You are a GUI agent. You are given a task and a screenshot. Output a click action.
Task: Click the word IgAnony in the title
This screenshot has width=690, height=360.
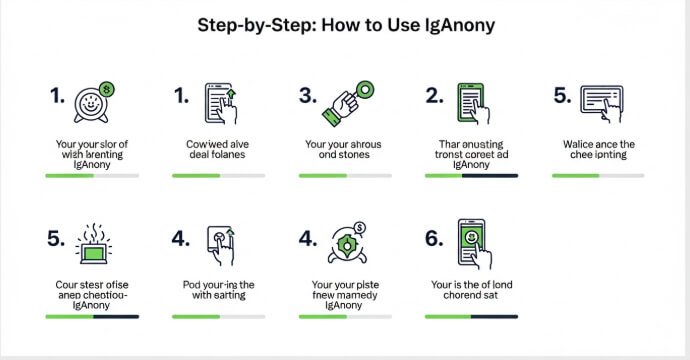click(464, 26)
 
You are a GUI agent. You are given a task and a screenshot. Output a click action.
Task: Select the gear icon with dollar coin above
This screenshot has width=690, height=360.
click(346, 243)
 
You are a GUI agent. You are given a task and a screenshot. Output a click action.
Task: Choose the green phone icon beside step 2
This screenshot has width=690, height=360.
click(472, 101)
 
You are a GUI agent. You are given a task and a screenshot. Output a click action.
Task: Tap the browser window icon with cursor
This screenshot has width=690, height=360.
click(600, 101)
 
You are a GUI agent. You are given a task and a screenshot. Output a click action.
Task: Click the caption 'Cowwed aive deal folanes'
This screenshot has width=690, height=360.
click(217, 150)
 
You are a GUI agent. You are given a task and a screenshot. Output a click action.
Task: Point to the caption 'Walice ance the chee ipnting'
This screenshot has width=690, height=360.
click(598, 150)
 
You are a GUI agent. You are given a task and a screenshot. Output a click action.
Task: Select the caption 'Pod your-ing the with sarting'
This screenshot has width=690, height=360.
click(217, 290)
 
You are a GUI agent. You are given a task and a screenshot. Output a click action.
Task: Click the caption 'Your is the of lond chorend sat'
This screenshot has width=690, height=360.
click(471, 290)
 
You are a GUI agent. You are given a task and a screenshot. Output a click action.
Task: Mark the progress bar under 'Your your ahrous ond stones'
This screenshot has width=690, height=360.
click(345, 175)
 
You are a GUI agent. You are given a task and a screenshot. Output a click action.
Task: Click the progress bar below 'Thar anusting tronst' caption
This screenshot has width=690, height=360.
click(471, 175)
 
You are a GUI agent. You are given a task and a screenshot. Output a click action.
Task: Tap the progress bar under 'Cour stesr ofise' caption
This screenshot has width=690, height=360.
click(92, 316)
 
